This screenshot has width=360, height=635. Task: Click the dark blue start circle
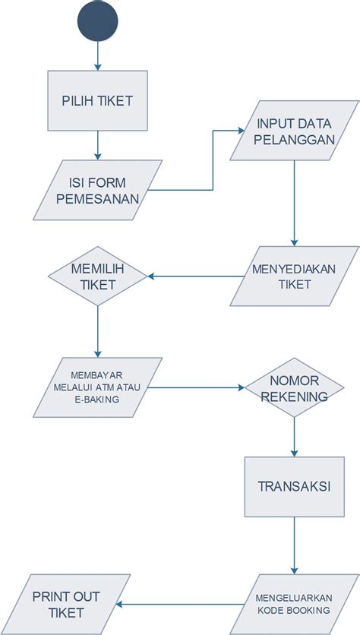(x=97, y=21)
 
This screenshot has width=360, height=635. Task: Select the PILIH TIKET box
(x=97, y=100)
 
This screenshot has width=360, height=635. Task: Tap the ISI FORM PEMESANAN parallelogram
(x=97, y=190)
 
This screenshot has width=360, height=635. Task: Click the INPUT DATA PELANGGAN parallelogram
(x=295, y=131)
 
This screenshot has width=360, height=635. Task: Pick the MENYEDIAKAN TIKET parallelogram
(x=295, y=276)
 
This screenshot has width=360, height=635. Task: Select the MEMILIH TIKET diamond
(x=97, y=276)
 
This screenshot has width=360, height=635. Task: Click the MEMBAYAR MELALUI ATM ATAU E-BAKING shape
(x=97, y=387)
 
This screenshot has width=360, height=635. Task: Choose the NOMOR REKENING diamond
(x=295, y=387)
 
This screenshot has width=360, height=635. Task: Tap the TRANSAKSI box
(x=295, y=487)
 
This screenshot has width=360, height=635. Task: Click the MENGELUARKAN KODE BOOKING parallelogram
(x=295, y=604)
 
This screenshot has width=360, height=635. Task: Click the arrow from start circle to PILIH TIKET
(x=97, y=56)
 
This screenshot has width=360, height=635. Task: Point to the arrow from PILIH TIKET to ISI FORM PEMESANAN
(x=97, y=145)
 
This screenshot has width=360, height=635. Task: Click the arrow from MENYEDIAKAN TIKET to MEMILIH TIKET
(x=196, y=276)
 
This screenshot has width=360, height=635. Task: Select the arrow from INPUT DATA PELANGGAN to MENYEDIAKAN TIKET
(x=295, y=204)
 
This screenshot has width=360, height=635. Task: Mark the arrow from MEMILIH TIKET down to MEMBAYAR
(x=97, y=332)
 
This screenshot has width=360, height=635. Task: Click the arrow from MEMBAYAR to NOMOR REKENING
(x=196, y=387)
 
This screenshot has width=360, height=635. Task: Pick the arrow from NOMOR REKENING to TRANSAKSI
(x=295, y=437)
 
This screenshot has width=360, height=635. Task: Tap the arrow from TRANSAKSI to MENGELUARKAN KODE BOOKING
(x=295, y=545)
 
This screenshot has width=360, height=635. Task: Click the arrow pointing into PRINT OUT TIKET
(x=180, y=604)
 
